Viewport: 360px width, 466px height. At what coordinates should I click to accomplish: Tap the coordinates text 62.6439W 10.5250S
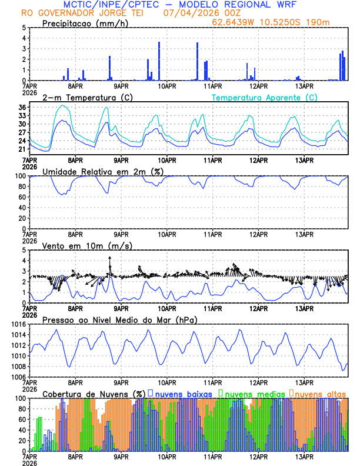click(265, 22)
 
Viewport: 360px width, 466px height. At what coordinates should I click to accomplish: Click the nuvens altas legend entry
click(319, 394)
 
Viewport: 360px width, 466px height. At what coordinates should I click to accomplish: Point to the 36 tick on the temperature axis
click(22, 107)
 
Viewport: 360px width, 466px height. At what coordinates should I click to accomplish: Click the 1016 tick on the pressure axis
click(19, 324)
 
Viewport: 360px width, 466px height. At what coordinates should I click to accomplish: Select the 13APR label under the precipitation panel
click(304, 85)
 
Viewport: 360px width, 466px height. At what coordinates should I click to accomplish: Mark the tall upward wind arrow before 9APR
click(109, 266)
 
